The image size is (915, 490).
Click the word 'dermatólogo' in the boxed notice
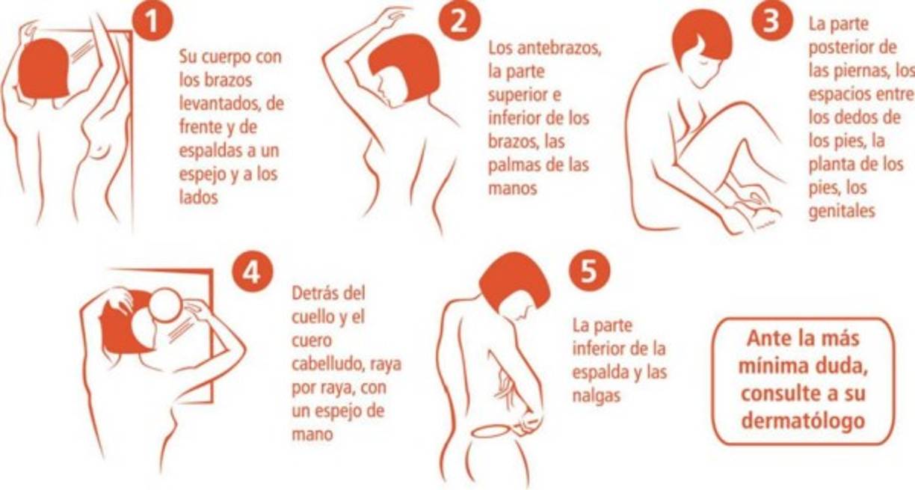pyautogui.click(x=801, y=421)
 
